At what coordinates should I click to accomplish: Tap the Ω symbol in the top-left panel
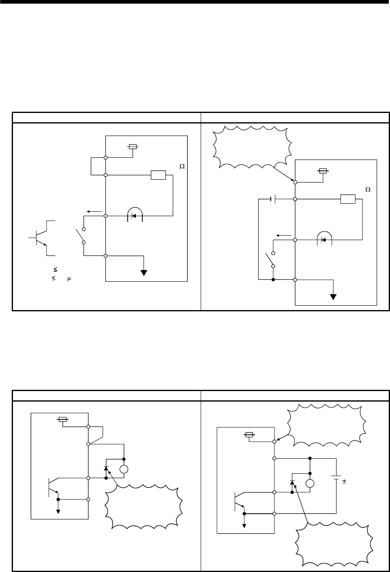[x=182, y=166]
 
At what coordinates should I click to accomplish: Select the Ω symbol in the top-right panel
[x=368, y=189]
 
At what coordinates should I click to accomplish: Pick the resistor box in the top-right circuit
[x=348, y=199]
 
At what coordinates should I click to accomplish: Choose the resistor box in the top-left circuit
[x=158, y=175]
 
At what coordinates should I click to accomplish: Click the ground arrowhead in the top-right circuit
[x=333, y=296]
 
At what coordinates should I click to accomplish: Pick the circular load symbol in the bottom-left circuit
[x=124, y=469]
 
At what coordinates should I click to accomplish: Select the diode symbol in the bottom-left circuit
[x=106, y=469]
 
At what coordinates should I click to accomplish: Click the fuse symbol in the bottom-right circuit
[x=249, y=435]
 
